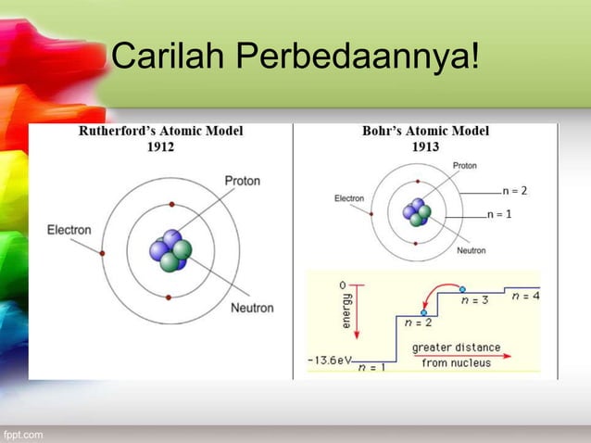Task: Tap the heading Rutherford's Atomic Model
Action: coord(160,132)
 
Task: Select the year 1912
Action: coord(158,146)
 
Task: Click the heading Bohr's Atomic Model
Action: coord(425,132)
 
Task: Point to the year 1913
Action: coord(425,146)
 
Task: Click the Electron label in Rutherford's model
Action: coord(69,230)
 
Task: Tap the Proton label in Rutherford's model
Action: coord(242,181)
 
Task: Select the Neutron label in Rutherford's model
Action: coord(251,308)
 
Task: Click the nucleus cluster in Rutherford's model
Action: coord(170,251)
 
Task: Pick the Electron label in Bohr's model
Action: coord(348,197)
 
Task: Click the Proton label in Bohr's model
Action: coord(465,165)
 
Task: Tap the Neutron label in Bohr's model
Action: coord(471,250)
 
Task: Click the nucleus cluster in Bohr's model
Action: coord(417,212)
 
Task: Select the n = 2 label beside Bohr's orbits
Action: coord(514,191)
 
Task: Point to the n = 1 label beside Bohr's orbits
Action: coord(500,214)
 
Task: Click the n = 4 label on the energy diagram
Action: coord(524,297)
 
